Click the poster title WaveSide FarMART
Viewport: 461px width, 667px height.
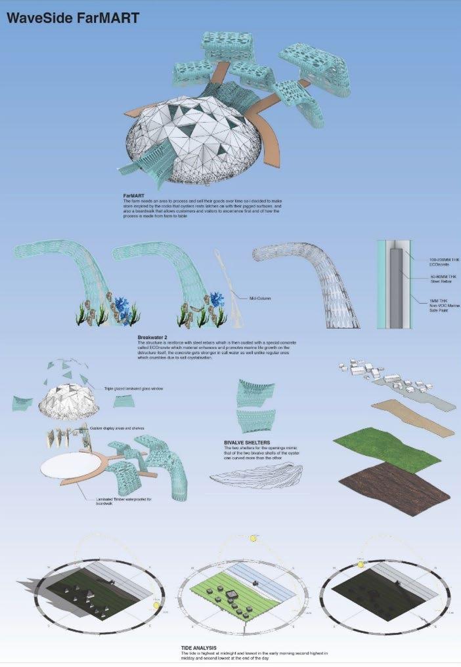click(x=73, y=18)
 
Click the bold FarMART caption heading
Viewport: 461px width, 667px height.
click(x=135, y=195)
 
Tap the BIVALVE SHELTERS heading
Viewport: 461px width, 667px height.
click(x=247, y=443)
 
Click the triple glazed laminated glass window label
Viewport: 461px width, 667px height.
click(x=137, y=390)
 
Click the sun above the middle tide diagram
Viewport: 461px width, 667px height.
click(x=252, y=539)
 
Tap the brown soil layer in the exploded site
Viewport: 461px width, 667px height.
click(x=398, y=487)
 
